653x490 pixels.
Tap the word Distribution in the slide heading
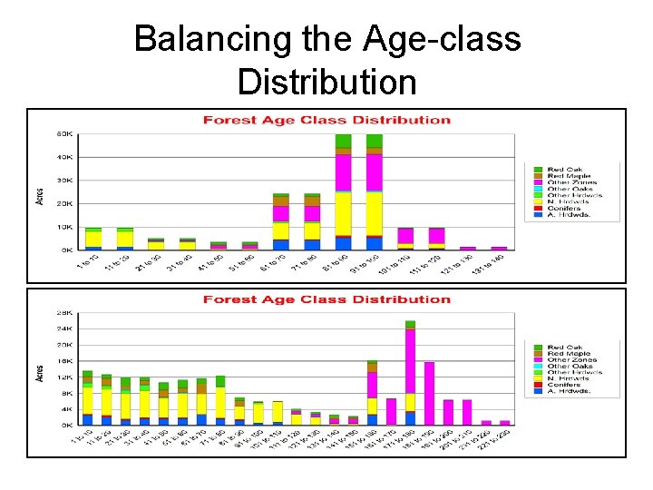[326, 82]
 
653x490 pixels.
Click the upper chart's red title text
[326, 120]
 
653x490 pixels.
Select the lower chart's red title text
[326, 299]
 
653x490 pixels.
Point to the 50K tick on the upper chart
[65, 134]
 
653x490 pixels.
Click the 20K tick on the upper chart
[65, 203]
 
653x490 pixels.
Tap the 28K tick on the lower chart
[66, 313]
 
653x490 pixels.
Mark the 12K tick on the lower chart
[66, 377]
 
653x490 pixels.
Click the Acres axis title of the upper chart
[39, 194]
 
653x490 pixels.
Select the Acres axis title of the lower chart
[39, 372]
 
